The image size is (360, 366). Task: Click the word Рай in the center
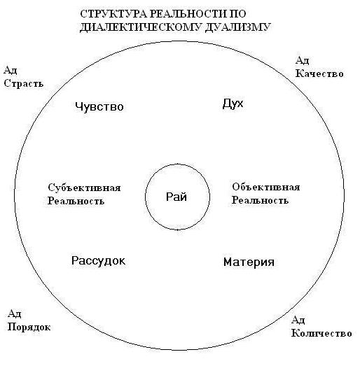176,197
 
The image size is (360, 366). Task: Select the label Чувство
99,107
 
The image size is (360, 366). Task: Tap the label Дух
233,104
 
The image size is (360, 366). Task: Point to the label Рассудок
98,261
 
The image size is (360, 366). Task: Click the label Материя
249,262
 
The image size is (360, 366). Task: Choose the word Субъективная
84,188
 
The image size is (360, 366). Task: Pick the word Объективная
266,188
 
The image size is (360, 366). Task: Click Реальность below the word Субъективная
76,201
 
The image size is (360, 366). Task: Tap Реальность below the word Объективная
260,200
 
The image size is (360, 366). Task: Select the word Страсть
24,83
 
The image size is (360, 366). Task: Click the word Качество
319,73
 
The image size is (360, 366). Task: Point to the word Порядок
29,328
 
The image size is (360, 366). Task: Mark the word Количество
321,333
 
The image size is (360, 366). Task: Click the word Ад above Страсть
11,71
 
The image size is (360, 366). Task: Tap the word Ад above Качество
303,61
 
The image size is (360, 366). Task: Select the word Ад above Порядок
15,314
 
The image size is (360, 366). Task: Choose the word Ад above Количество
298,321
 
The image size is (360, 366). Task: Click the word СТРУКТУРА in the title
113,14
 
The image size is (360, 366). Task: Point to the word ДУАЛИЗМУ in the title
238,27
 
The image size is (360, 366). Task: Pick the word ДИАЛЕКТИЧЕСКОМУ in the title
140,27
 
